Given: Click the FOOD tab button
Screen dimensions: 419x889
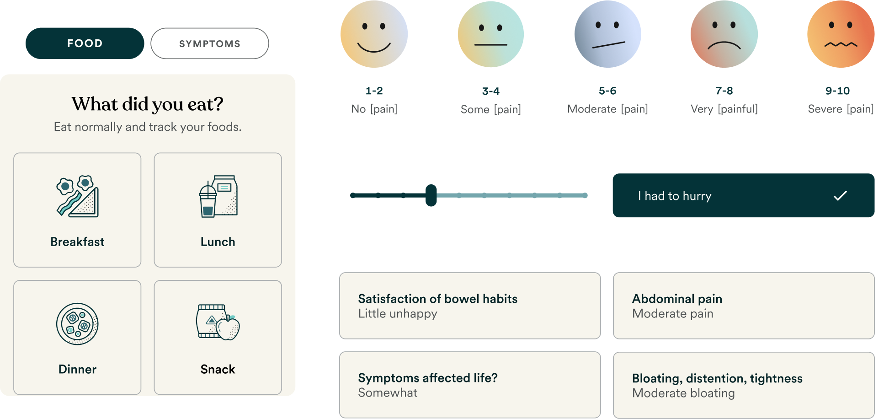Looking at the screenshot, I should coord(85,43).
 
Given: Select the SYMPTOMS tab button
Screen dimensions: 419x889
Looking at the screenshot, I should coord(210,43).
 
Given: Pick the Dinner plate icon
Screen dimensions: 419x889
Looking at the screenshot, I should coord(77,324).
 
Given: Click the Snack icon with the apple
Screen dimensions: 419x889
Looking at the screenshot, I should coord(218,322).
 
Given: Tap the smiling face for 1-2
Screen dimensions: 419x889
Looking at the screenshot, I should coord(374,34).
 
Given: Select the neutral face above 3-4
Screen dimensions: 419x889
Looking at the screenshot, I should coord(491,34).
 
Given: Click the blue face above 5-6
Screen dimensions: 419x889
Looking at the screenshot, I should coord(607,34).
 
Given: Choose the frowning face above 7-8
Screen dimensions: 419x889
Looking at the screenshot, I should coord(724,34).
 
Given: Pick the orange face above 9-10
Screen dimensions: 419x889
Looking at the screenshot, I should coord(841,34).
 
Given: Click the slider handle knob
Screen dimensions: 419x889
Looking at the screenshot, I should coord(431,195).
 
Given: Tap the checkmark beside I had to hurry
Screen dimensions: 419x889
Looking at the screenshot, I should coord(840,196).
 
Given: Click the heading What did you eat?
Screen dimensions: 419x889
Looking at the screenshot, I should coord(147,104).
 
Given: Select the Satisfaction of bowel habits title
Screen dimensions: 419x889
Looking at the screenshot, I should coord(437,299).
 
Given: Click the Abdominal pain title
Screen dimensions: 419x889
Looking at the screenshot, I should coord(677,299).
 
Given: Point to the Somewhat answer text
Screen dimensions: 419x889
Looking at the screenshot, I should coord(388,393).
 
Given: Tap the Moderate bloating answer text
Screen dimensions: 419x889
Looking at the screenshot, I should coord(683,393).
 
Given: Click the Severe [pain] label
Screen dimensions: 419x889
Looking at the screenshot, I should coord(841,109).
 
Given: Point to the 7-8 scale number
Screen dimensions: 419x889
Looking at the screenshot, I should coord(724,91).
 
